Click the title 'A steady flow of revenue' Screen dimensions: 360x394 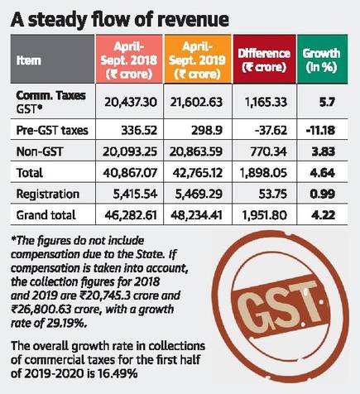pyautogui.click(x=120, y=20)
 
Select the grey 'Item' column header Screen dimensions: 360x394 pyautogui.click(x=52, y=59)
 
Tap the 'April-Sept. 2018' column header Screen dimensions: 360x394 pyautogui.click(x=129, y=59)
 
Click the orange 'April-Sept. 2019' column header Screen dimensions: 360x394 pyautogui.click(x=198, y=59)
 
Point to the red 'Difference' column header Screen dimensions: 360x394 pyautogui.click(x=264, y=59)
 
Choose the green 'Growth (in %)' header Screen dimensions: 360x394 pyautogui.click(x=322, y=59)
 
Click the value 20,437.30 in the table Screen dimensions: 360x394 pyautogui.click(x=131, y=103)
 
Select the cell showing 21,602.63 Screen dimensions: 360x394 pyautogui.click(x=196, y=103)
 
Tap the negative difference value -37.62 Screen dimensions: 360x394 pyautogui.click(x=271, y=130)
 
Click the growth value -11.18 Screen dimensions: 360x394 pyautogui.click(x=320, y=130)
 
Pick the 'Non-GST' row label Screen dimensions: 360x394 pyautogui.click(x=40, y=151)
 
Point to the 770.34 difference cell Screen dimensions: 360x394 pyautogui.click(x=268, y=151)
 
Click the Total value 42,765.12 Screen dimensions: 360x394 pyautogui.click(x=198, y=173)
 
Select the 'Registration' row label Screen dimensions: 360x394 pyautogui.click(x=48, y=194)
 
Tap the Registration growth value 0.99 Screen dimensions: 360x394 pyautogui.click(x=323, y=194)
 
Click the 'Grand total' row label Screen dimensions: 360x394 pyautogui.click(x=46, y=215)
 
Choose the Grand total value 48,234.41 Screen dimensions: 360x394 pyautogui.click(x=196, y=215)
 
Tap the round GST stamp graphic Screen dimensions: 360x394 pyautogui.click(x=279, y=306)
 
